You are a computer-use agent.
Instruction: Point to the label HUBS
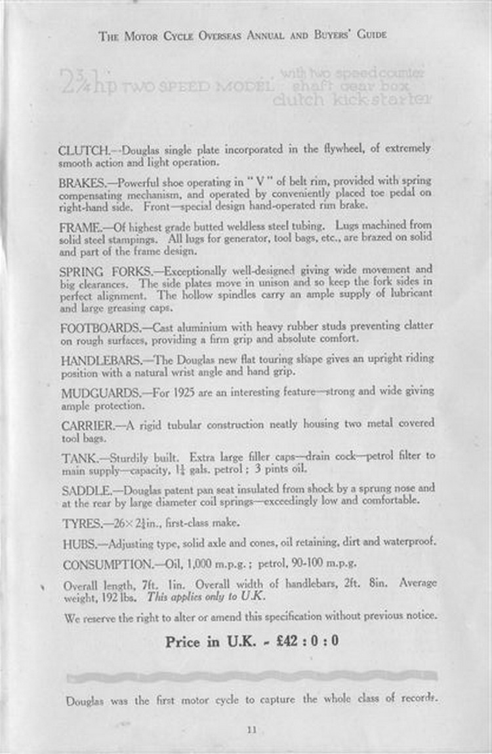point(78,544)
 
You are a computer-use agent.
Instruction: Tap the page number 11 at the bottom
point(252,730)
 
